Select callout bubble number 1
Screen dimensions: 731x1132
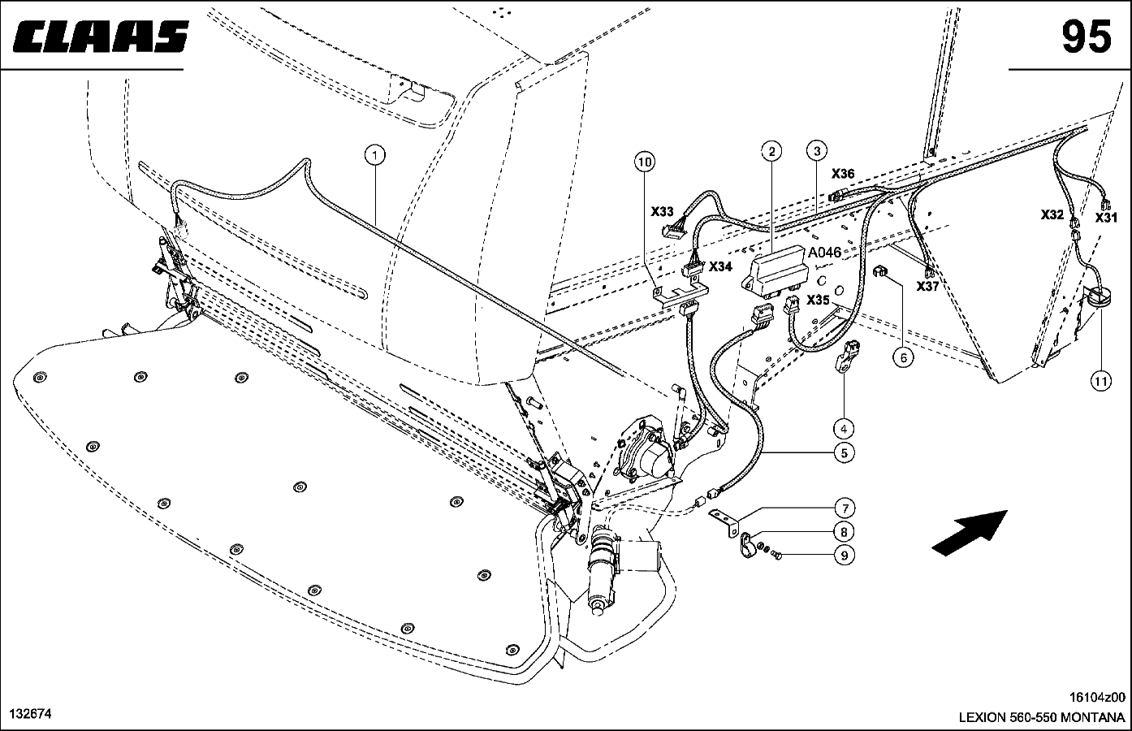click(x=374, y=154)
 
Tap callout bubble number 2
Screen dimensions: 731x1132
click(x=771, y=150)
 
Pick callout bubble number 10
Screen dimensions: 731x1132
click(x=644, y=162)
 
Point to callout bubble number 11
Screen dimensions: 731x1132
click(x=1100, y=379)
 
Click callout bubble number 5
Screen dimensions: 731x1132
click(x=844, y=452)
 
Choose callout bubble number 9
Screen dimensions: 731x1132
click(x=844, y=556)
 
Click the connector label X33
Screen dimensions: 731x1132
click(x=663, y=211)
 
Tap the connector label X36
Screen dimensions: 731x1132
click(x=843, y=173)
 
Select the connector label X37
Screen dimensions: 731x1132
click(x=927, y=287)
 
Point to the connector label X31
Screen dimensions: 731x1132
click(x=1106, y=217)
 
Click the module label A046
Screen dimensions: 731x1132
click(x=824, y=253)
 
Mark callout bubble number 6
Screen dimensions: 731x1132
click(x=901, y=355)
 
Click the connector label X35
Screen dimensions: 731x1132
click(x=818, y=300)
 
